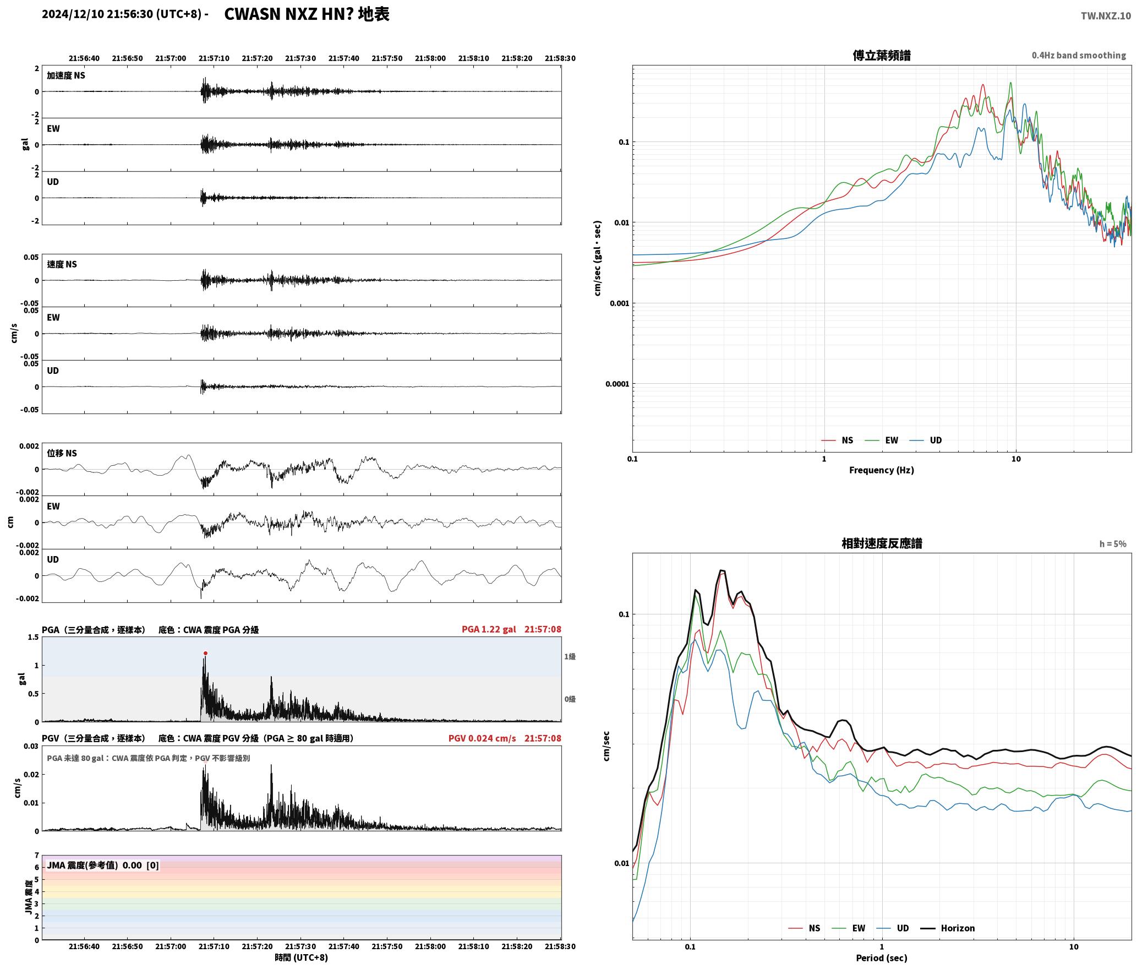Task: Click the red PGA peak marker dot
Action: tap(205, 653)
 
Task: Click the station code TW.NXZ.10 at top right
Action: tap(1106, 16)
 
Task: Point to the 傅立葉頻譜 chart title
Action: tap(881, 55)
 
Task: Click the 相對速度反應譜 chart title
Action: tap(882, 543)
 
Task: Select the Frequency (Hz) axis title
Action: tap(881, 470)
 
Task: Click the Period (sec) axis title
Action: tap(881, 958)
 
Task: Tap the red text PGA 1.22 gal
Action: tap(489, 629)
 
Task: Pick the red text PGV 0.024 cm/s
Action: tap(482, 738)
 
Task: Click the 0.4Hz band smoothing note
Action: tap(1079, 55)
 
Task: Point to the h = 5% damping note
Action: tap(1113, 544)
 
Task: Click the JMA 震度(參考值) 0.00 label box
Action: tap(103, 865)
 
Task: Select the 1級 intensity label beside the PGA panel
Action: tap(570, 656)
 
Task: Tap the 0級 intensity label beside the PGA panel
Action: tap(570, 699)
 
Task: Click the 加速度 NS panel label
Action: tap(66, 75)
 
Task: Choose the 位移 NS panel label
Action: tap(62, 453)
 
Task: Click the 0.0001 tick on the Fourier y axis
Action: tap(616, 384)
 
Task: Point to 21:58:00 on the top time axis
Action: tap(430, 58)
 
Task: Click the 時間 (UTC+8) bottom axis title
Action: tap(301, 957)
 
